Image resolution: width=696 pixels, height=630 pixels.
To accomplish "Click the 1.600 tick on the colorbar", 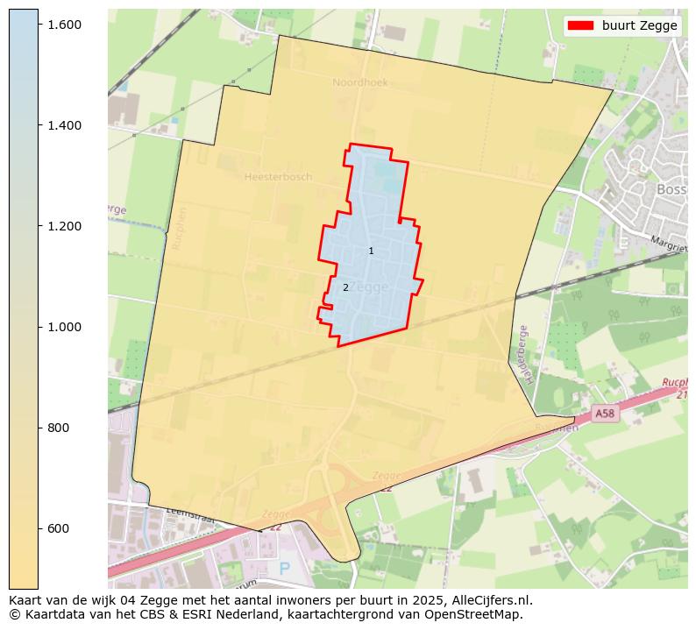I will coord(64,25).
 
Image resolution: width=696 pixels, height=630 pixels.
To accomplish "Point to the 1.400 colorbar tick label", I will coord(64,125).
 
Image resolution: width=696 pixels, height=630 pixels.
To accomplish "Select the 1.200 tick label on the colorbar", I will coord(64,226).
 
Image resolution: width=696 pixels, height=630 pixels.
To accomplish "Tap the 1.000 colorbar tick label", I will coord(64,327).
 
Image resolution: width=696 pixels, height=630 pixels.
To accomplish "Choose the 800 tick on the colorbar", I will coord(58,428).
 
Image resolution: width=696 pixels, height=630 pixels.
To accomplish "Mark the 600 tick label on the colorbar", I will coord(58,528).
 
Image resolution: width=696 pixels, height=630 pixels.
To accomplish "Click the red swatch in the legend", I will coord(581,25).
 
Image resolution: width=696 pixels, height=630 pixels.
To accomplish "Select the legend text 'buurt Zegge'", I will coord(639,25).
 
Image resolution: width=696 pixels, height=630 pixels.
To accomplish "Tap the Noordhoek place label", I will coord(359,82).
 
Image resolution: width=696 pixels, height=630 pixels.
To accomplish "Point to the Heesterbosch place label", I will coord(278,177).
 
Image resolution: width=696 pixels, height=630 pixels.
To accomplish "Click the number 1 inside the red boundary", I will coord(371,251).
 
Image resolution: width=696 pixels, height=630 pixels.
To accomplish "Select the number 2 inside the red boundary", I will coord(345,287).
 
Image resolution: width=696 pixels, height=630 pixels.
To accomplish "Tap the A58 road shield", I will coord(604,413).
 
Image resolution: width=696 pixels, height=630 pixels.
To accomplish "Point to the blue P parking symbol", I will coord(283,569).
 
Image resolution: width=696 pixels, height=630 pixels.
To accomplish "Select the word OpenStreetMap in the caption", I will coord(476,614).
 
